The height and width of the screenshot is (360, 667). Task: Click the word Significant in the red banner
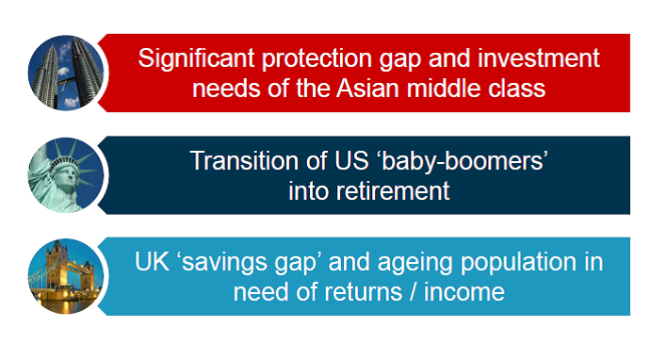point(196,58)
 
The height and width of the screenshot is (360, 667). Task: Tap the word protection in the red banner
point(317,58)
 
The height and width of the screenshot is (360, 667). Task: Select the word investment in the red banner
point(539,57)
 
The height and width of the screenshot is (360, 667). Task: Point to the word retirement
point(393,190)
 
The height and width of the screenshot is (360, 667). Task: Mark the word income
point(464,292)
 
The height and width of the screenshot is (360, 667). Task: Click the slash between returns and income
point(413,292)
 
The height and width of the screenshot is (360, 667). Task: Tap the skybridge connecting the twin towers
point(65,79)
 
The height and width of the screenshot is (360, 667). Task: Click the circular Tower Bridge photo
point(66,276)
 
